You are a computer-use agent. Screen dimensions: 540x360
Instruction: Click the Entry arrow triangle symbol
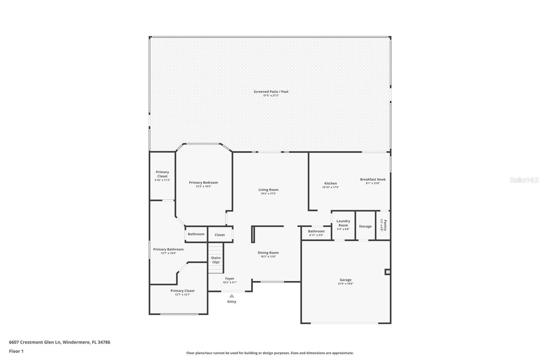coord(232,296)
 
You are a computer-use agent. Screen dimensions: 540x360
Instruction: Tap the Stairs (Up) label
coord(216,260)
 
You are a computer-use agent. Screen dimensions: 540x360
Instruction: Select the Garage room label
coord(346,280)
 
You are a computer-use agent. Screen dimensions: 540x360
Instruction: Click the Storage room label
coord(365,226)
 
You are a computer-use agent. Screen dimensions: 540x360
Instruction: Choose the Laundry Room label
coord(343,223)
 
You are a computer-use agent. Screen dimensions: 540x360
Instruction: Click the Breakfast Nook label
coord(373,179)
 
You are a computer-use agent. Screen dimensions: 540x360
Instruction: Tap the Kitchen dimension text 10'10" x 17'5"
coord(330,187)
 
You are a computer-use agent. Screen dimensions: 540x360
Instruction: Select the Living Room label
coord(268,190)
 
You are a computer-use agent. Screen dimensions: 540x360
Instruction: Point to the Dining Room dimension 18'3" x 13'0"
coord(268,256)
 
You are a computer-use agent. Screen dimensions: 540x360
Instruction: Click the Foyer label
coord(230,279)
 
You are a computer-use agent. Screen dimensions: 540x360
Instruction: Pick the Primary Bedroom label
coord(203,182)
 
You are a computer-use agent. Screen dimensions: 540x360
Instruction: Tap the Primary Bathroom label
coord(168,249)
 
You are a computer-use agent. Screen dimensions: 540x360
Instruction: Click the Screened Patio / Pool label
coord(271,92)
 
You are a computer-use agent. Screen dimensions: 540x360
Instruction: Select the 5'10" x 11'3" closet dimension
coord(162,180)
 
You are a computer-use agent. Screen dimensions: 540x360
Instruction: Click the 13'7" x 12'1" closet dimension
coord(182,294)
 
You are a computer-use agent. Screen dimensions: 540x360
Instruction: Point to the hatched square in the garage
coord(387,272)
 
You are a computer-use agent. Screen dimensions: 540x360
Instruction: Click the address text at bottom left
coord(59,342)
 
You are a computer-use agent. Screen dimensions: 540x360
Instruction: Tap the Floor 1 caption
coord(16,351)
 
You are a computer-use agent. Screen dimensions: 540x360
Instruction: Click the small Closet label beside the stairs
coord(219,235)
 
